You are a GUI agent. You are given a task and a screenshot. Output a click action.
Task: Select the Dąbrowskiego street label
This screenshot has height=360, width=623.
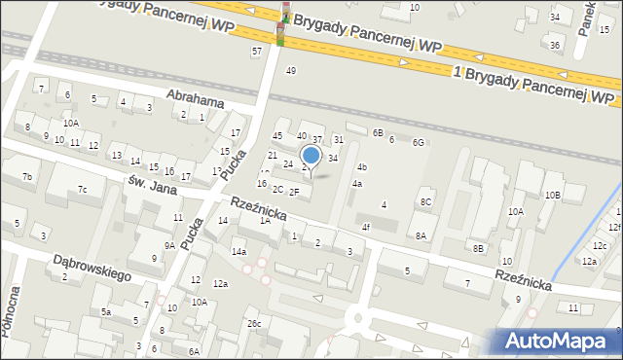pos(90,262)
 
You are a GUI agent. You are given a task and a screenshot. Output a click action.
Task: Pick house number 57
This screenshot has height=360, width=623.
pos(257,51)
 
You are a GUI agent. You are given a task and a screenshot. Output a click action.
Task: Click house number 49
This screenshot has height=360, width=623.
pos(290,70)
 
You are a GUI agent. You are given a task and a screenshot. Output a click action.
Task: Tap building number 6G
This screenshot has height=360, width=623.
pos(418,143)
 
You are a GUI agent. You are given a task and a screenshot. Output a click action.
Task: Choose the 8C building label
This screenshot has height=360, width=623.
pos(425,201)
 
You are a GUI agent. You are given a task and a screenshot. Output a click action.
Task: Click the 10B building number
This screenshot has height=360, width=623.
pos(552,196)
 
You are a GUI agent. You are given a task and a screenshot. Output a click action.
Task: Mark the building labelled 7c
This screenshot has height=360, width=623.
pos(83,189)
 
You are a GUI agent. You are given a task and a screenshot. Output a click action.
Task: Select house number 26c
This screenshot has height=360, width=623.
pos(254,323)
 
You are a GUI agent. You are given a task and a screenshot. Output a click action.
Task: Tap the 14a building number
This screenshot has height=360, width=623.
pos(238,252)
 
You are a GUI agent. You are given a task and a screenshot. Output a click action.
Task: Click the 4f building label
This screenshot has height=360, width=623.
pos(366,227)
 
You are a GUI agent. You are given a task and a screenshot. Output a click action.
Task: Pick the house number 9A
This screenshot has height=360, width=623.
pos(169,246)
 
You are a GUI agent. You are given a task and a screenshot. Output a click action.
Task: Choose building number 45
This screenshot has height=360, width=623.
pos(277,135)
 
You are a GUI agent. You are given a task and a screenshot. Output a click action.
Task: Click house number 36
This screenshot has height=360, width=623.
pos(554,45)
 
